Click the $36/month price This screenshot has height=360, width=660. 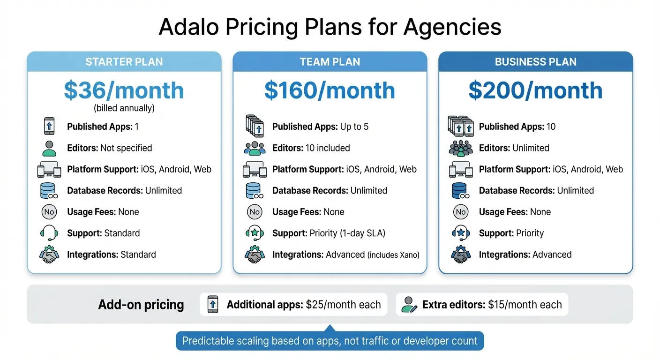click(x=124, y=90)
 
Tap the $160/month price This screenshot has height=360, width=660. click(x=330, y=90)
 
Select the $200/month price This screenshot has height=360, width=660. click(x=535, y=90)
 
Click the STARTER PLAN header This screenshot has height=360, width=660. click(x=124, y=62)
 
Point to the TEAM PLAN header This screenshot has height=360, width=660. click(x=330, y=62)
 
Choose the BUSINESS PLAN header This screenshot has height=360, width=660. click(x=535, y=62)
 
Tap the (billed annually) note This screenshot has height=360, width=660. click(x=124, y=108)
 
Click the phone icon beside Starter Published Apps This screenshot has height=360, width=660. click(x=49, y=127)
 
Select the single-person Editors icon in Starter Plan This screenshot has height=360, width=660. click(x=49, y=148)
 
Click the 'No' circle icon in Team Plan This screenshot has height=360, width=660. click(x=255, y=212)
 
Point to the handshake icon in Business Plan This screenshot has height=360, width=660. click(x=460, y=255)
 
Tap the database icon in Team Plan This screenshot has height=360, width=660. click(x=254, y=191)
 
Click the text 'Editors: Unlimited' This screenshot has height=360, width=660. click(x=514, y=148)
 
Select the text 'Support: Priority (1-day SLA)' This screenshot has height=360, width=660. click(x=329, y=233)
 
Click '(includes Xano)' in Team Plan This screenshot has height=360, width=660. click(x=393, y=255)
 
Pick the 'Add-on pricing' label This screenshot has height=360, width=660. click(x=141, y=305)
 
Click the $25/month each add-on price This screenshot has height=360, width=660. click(x=343, y=305)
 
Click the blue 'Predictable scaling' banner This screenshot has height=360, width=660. click(x=330, y=341)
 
